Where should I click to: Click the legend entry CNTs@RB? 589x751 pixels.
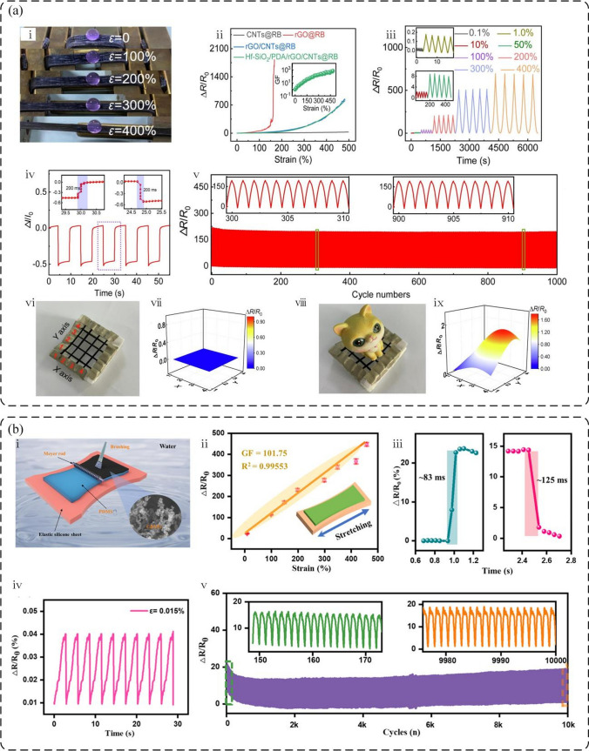click(x=247, y=34)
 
